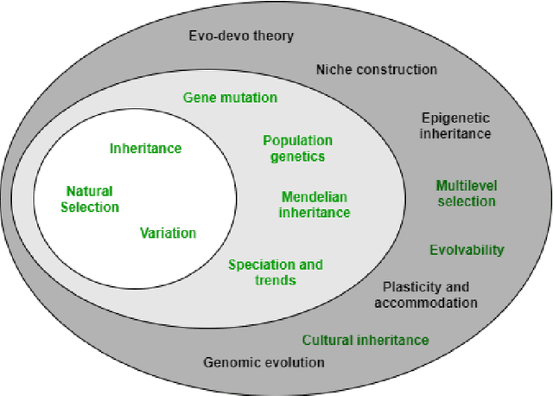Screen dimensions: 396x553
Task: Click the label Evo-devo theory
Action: click(x=241, y=35)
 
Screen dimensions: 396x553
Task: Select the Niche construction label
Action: click(x=376, y=69)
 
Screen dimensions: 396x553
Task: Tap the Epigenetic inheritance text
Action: click(x=455, y=125)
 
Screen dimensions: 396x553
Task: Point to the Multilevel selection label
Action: click(x=466, y=193)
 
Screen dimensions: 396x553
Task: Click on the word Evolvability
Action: click(x=467, y=250)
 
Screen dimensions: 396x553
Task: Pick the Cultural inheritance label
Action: click(x=365, y=340)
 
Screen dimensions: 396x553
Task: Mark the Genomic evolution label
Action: click(x=264, y=362)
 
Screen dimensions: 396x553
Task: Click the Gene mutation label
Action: click(x=230, y=98)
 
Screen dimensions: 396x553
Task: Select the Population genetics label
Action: click(x=297, y=148)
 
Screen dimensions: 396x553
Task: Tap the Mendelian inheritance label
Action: click(x=315, y=204)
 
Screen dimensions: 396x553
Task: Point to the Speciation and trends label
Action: click(x=275, y=271)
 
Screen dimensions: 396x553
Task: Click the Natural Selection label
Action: click(x=92, y=199)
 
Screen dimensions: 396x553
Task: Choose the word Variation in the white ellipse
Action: click(x=168, y=233)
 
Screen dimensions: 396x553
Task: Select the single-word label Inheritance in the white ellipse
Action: click(x=145, y=148)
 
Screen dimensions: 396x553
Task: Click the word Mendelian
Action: click(x=315, y=196)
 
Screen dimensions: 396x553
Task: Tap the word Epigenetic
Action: click(x=455, y=118)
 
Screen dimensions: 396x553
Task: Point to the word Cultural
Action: click(x=327, y=340)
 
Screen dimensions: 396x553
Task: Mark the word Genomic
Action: click(x=232, y=362)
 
